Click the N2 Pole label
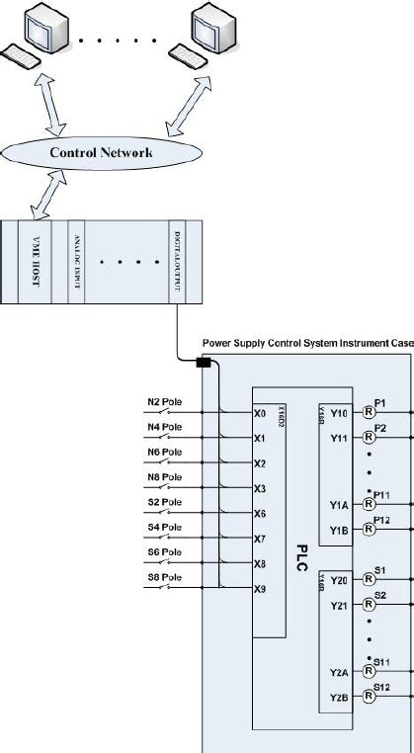[164, 402]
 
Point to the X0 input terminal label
[260, 414]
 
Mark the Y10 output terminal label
[339, 413]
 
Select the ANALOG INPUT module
[76, 263]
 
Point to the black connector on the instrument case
[204, 364]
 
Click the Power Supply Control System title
[307, 344]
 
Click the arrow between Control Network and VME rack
[47, 198]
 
